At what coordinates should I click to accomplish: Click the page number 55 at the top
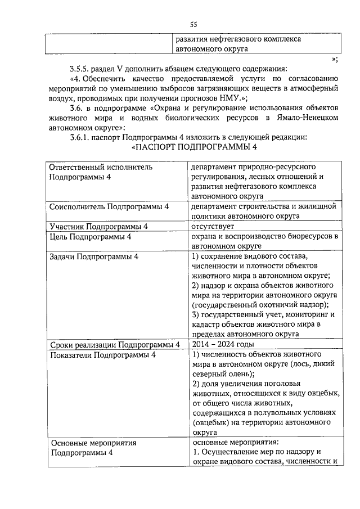(x=193, y=24)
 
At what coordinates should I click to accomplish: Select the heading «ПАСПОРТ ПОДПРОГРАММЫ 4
(x=193, y=147)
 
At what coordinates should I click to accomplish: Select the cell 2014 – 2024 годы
(x=223, y=344)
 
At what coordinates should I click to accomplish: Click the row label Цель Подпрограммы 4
(x=90, y=236)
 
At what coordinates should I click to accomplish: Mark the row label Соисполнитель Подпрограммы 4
(x=109, y=206)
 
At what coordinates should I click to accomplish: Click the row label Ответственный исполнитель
(x=101, y=167)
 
